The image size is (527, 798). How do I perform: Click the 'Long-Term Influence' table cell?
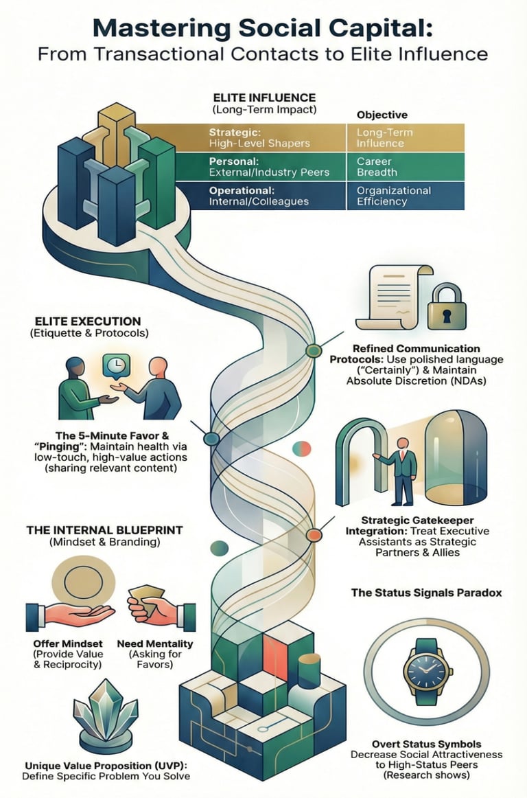point(405,137)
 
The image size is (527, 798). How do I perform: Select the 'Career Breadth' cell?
point(405,167)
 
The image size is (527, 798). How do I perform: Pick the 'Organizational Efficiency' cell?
point(405,196)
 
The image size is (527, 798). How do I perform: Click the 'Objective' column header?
point(382,115)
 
